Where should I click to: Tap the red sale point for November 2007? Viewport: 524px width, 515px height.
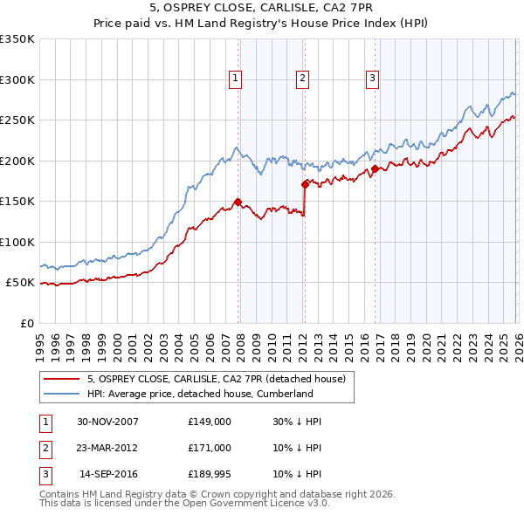coord(238,202)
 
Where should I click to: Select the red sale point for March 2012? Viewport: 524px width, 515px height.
coord(305,184)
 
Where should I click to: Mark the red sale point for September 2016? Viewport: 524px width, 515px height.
coord(374,168)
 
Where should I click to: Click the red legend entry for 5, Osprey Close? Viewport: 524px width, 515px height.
coord(217,379)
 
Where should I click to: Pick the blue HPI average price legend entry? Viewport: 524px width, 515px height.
coord(199,394)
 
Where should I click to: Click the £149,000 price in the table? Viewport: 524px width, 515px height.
coord(209,422)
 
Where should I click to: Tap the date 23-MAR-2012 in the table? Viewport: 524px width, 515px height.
coord(107,448)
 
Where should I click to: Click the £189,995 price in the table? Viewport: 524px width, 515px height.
coord(209,474)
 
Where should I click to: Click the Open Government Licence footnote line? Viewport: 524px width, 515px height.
coord(184,504)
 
